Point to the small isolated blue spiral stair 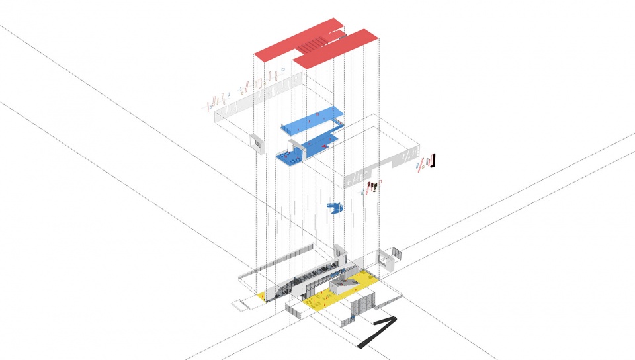click(x=337, y=208)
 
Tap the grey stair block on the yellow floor click(x=344, y=285)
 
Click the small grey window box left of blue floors click(x=255, y=141)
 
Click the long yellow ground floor click(x=344, y=291)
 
